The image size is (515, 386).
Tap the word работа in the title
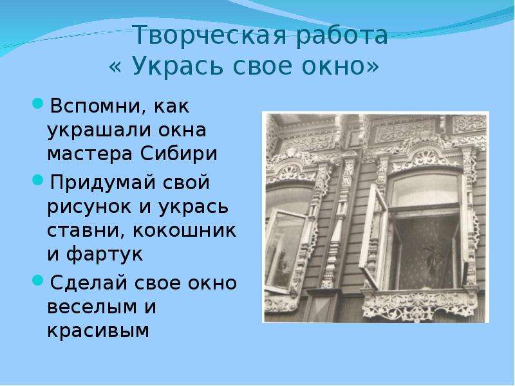pos(342,35)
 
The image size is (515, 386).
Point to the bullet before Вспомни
pos(38,104)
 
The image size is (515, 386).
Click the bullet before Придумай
pos(38,180)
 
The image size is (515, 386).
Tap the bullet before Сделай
pos(38,280)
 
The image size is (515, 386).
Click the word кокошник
pos(184,230)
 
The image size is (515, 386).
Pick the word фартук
pos(105,254)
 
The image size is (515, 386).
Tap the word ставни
pos(87,231)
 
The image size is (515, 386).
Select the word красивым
pos(98,331)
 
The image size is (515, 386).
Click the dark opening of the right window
pos(426,253)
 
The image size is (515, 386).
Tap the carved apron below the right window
pos(420,305)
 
